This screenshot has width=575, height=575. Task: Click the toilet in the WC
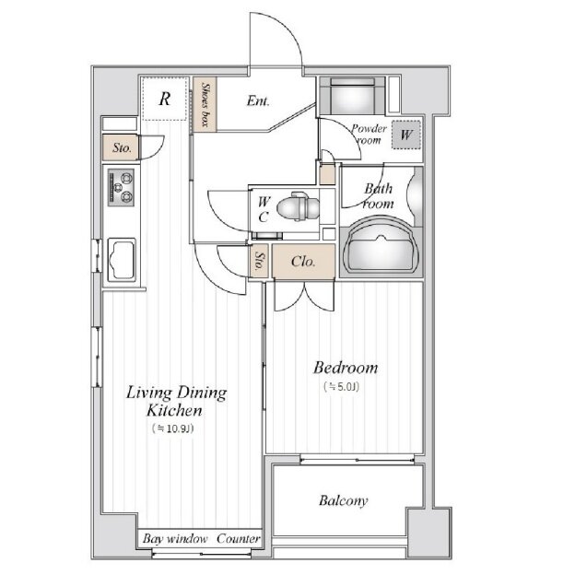tap(298, 206)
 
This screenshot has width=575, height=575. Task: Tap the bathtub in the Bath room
tap(381, 246)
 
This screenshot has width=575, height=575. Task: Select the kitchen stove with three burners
tap(121, 188)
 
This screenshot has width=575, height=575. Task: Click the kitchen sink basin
tap(122, 260)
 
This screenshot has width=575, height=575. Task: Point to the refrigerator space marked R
tap(165, 99)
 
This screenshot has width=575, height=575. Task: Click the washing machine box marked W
tap(406, 135)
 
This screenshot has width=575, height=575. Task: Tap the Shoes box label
tap(205, 104)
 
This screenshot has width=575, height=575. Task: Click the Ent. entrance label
tap(258, 100)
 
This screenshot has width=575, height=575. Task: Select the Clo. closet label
tap(303, 262)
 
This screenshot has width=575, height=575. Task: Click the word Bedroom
tap(345, 368)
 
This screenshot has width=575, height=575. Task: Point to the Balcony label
tap(343, 500)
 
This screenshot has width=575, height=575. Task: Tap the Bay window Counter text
tap(201, 539)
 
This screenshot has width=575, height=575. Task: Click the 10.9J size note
tap(172, 428)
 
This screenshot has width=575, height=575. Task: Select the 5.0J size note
tap(341, 386)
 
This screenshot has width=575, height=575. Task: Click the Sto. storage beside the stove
tap(121, 147)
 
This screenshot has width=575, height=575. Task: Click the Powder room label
tap(369, 135)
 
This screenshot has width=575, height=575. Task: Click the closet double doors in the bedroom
tap(304, 296)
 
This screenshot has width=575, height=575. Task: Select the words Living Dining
tap(176, 393)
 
